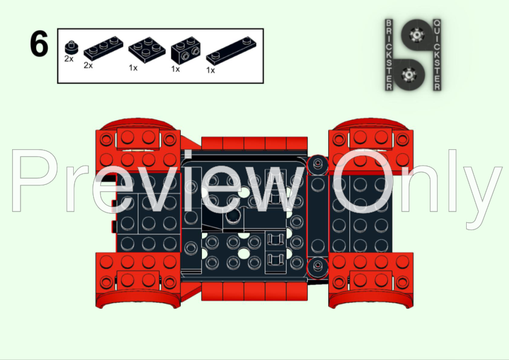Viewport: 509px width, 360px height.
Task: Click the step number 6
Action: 38,45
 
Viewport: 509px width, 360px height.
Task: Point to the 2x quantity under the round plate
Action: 68,59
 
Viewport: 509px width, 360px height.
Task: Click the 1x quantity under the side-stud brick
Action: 175,69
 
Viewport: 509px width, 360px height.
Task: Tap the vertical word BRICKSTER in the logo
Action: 389,54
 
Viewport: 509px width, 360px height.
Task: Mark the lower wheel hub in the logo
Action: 410,74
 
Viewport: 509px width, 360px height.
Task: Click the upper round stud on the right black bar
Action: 317,164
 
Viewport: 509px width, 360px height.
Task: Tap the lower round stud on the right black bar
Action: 317,266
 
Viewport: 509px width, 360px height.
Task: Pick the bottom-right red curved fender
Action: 371,298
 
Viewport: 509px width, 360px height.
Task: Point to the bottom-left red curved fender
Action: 138,298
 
